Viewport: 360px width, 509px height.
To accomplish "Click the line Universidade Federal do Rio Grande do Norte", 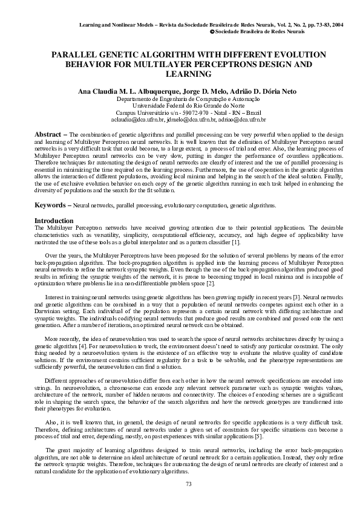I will (180, 105).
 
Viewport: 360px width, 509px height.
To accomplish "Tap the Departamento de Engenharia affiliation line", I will (180, 98).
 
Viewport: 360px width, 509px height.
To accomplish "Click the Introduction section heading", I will (54, 221).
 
